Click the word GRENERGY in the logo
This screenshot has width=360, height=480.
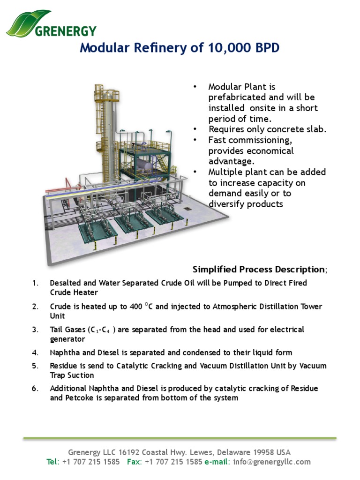66,31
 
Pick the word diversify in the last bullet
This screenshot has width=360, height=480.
226,204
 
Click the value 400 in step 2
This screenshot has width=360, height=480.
135,307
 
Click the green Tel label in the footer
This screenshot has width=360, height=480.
52,462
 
